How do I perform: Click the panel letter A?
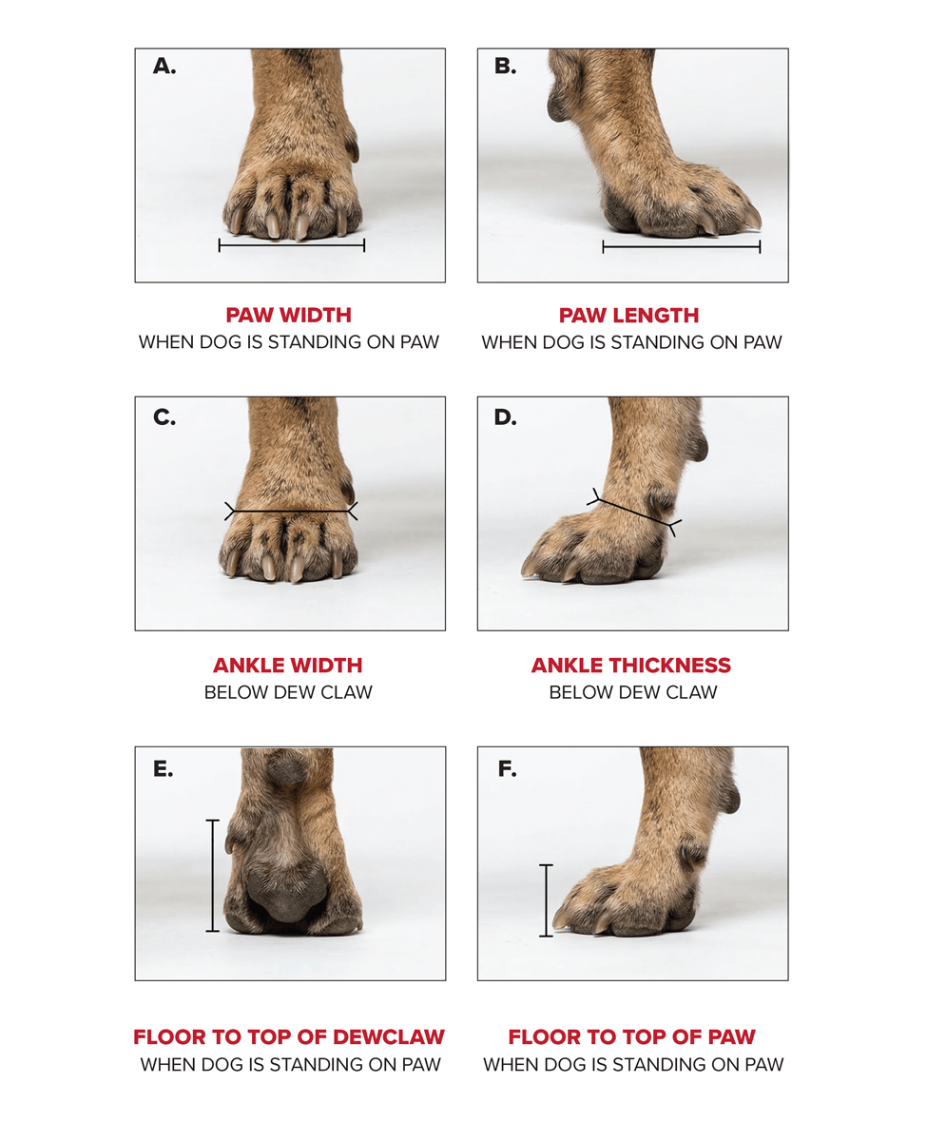pos(164,67)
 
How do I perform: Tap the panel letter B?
pos(506,67)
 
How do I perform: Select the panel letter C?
pos(164,416)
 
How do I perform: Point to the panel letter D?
pos(506,416)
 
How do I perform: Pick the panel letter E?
pos(164,768)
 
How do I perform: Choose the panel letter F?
pos(507,768)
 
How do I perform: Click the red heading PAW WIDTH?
pos(288,315)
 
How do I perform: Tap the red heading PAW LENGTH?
pos(630,315)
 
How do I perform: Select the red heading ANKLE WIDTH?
pos(288,665)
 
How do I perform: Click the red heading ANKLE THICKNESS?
pos(631,665)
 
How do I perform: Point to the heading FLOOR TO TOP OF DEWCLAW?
pos(289,1036)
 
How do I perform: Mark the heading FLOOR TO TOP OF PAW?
pos(632,1036)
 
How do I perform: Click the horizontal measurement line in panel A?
pos(291,245)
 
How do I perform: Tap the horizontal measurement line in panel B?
pos(682,247)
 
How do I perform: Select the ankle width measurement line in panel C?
pos(291,512)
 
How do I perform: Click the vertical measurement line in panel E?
pos(212,875)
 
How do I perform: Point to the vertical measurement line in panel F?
pos(546,900)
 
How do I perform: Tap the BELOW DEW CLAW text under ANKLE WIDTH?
pos(288,692)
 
